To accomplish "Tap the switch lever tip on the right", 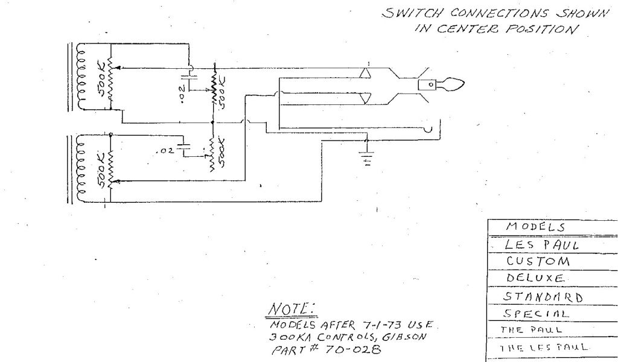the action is point(453,84).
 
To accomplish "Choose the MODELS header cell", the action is point(535,227).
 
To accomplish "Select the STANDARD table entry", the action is point(543,296).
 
